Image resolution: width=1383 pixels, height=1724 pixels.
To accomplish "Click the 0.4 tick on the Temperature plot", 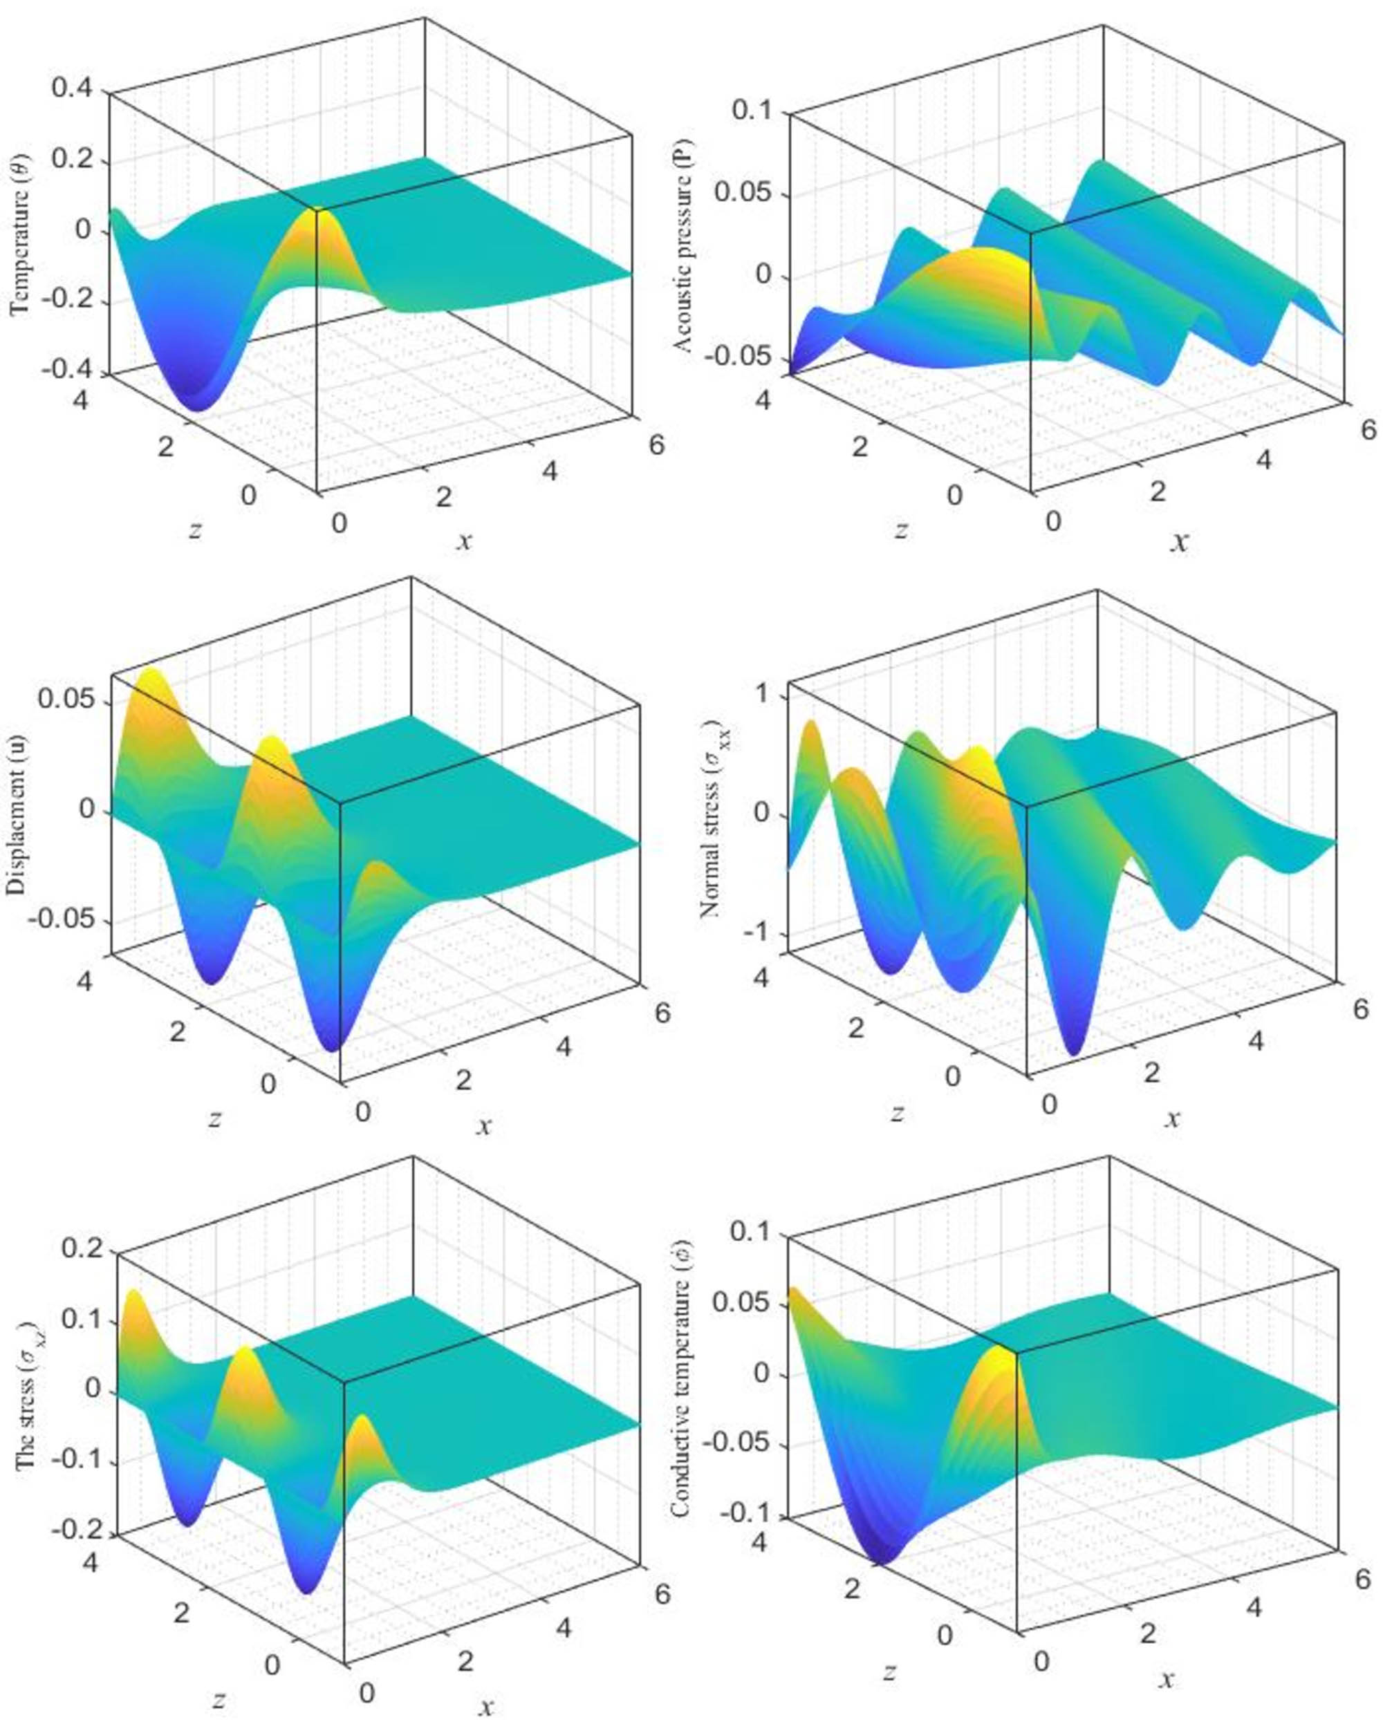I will click(x=71, y=88).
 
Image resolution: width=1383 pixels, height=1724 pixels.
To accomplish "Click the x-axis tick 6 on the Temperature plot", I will click(x=657, y=444).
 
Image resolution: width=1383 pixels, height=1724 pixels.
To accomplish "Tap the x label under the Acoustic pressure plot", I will click(x=1179, y=542).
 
